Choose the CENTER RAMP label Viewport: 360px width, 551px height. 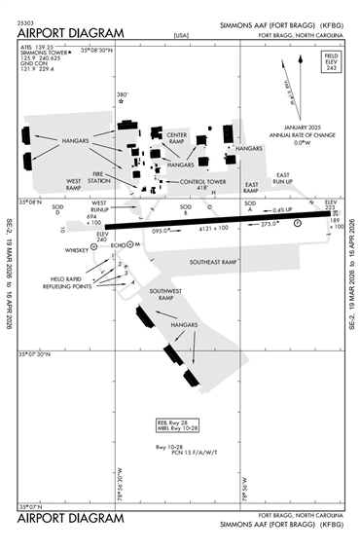(177, 138)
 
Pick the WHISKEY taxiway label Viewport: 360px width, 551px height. (76, 250)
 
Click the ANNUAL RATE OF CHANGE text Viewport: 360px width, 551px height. (280, 134)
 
